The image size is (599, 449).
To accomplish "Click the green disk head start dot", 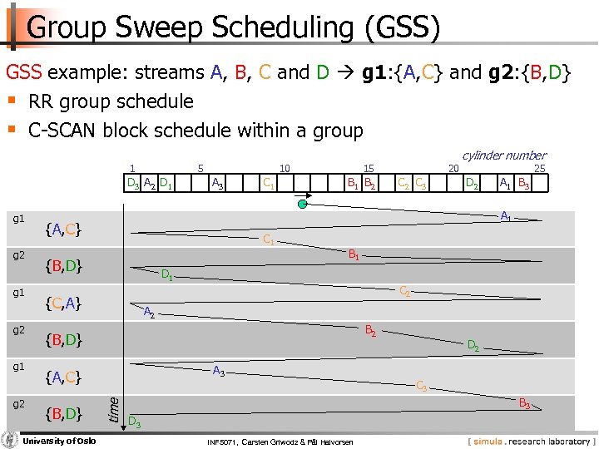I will click(x=305, y=202).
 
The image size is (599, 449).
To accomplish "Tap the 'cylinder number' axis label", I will click(x=503, y=155).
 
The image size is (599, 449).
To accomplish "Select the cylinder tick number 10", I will click(x=285, y=169).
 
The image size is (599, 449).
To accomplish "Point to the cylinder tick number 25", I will click(x=539, y=169).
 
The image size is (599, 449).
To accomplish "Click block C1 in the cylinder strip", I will click(x=269, y=183).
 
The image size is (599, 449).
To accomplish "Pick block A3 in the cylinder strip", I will click(x=217, y=183).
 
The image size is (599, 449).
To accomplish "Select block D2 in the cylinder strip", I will click(x=471, y=183).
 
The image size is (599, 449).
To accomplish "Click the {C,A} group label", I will click(x=63, y=303).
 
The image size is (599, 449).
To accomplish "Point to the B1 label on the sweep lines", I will click(x=354, y=254).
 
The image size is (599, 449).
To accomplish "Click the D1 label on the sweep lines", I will click(x=166, y=274).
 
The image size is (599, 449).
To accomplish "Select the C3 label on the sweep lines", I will click(x=422, y=386).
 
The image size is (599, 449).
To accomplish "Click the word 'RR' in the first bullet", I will click(x=41, y=102).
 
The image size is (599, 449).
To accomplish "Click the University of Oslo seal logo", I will click(x=10, y=439).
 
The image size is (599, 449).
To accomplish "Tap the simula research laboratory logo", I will click(x=529, y=440).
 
